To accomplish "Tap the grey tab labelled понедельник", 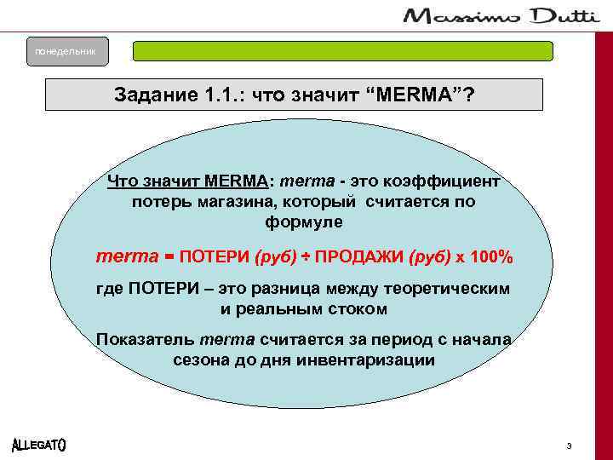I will click(60, 52).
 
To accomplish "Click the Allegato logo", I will click(40, 446).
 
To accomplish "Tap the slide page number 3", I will click(568, 446).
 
